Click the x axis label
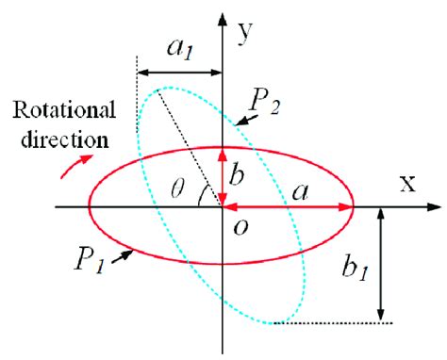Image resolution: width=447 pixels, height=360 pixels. (x=407, y=184)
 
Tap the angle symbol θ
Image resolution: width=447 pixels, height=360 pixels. (x=186, y=188)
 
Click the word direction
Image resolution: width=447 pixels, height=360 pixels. (x=62, y=141)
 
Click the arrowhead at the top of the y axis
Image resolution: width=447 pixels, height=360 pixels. (x=223, y=18)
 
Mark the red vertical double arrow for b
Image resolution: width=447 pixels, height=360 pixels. (x=223, y=175)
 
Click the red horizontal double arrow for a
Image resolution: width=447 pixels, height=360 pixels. (x=288, y=205)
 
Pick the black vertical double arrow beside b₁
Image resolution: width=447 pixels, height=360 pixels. (x=379, y=264)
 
